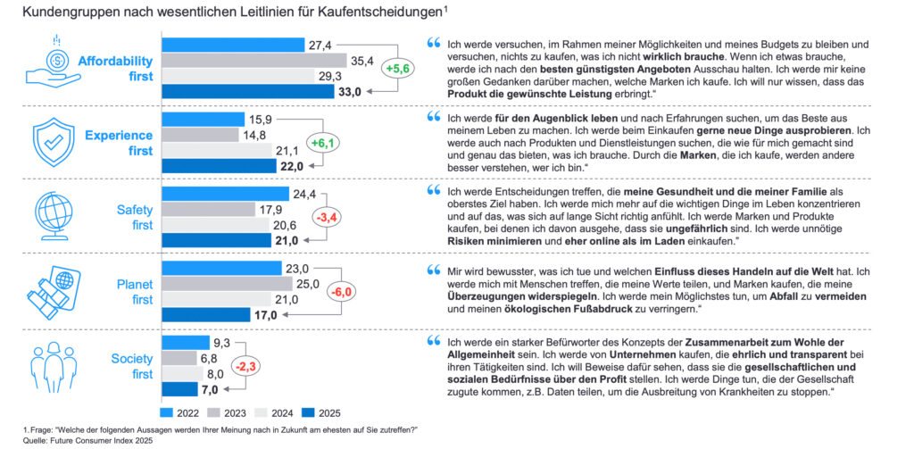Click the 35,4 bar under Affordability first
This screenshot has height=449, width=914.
pos(253,61)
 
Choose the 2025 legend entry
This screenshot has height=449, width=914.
pos(370,412)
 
